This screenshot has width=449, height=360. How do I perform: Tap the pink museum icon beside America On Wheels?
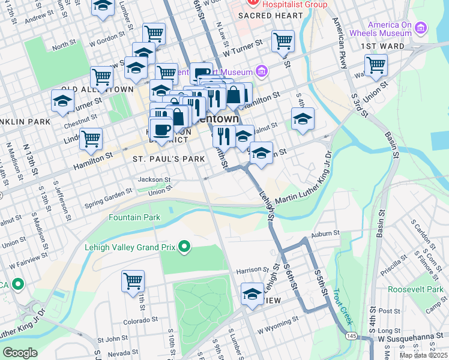pyautogui.click(x=421, y=28)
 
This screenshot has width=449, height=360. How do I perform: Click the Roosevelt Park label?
pyautogui.click(x=415, y=289)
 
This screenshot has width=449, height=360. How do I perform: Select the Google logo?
pyautogui.click(x=20, y=353)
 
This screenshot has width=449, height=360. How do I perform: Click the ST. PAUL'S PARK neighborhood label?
pyautogui.click(x=160, y=160)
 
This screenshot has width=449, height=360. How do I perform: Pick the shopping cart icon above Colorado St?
pyautogui.click(x=133, y=280)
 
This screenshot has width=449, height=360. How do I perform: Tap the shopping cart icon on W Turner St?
pyautogui.click(x=283, y=41)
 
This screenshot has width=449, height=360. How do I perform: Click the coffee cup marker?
pyautogui.click(x=161, y=129)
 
